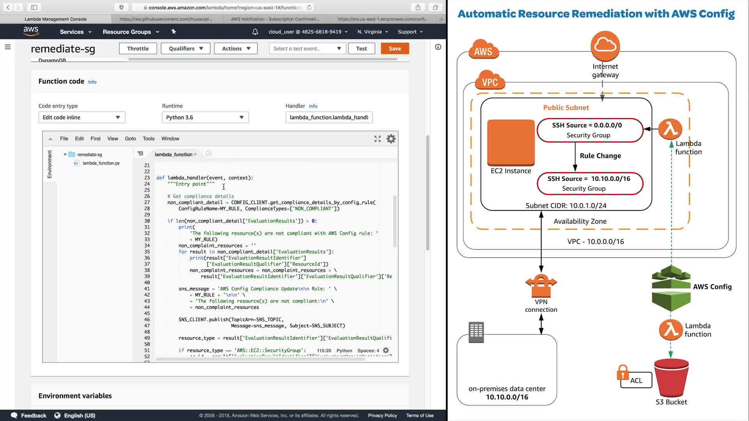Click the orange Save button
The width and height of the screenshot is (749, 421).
pyautogui.click(x=394, y=48)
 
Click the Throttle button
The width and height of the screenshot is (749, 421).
pyautogui.click(x=138, y=48)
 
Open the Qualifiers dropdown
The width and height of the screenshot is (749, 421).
pyautogui.click(x=186, y=48)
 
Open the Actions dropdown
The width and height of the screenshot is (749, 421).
pyautogui.click(x=236, y=48)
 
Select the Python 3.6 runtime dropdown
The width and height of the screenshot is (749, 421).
pyautogui.click(x=205, y=117)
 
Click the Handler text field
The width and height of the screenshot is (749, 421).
pyautogui.click(x=329, y=117)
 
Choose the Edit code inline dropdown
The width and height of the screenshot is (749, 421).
pyautogui.click(x=82, y=117)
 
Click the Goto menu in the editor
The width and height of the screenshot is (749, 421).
pyautogui.click(x=130, y=138)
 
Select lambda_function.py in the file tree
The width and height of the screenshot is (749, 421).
pyautogui.click(x=101, y=163)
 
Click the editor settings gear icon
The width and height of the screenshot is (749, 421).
pyautogui.click(x=391, y=139)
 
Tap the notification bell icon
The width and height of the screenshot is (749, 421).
pyautogui.click(x=255, y=32)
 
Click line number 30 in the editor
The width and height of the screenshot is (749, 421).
pyautogui.click(x=147, y=221)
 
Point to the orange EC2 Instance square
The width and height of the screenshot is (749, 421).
pyautogui.click(x=511, y=142)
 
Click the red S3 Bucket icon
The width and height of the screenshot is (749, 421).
pyautogui.click(x=671, y=377)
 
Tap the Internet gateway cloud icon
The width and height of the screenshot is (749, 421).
pyautogui.click(x=605, y=46)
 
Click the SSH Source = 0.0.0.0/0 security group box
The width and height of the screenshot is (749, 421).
pyautogui.click(x=589, y=130)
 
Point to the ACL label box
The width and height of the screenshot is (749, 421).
pyautogui.click(x=636, y=380)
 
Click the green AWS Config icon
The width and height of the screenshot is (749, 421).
pyautogui.click(x=671, y=288)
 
